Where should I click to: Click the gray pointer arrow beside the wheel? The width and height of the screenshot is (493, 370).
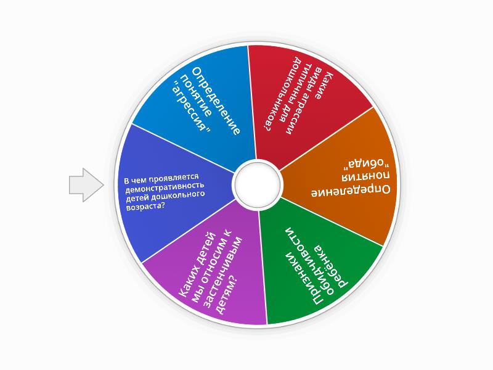click(x=86, y=185)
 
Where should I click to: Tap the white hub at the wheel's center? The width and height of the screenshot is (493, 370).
click(x=258, y=184)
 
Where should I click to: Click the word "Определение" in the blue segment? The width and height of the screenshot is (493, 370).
click(x=216, y=101)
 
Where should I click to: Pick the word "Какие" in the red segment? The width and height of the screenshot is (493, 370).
click(x=324, y=85)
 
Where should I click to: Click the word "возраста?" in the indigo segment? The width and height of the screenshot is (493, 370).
click(x=146, y=207)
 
